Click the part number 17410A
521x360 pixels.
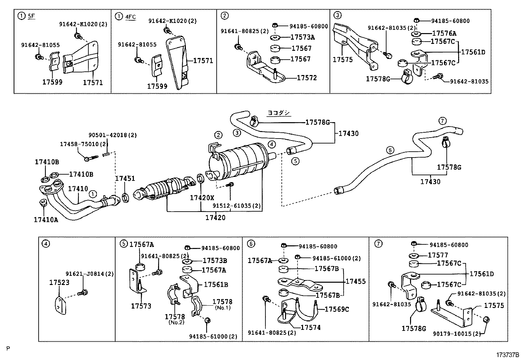click(x=46, y=219)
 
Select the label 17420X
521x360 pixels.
click(x=202, y=198)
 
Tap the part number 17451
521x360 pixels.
click(x=125, y=178)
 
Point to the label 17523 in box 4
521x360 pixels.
click(x=59, y=282)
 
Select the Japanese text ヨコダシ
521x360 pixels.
click(x=278, y=113)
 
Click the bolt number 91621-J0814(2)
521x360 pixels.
click(x=89, y=274)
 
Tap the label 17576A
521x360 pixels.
click(x=444, y=33)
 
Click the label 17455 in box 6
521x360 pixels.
click(x=356, y=281)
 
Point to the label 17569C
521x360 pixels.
click(x=337, y=309)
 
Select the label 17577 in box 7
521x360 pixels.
click(x=438, y=255)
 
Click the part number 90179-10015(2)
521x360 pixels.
click(x=454, y=334)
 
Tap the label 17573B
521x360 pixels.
click(x=215, y=261)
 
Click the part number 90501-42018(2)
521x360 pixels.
click(x=113, y=135)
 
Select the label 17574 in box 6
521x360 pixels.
click(x=311, y=327)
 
